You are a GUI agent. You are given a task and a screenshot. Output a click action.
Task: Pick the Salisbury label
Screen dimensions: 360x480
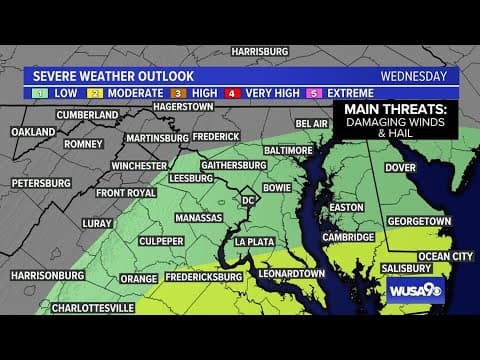click(x=404, y=268)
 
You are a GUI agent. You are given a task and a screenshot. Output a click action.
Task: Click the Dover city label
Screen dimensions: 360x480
click(x=400, y=167)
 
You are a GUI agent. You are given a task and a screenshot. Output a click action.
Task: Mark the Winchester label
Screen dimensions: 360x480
click(x=138, y=165)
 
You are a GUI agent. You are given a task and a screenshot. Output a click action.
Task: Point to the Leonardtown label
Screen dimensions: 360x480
click(x=292, y=272)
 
